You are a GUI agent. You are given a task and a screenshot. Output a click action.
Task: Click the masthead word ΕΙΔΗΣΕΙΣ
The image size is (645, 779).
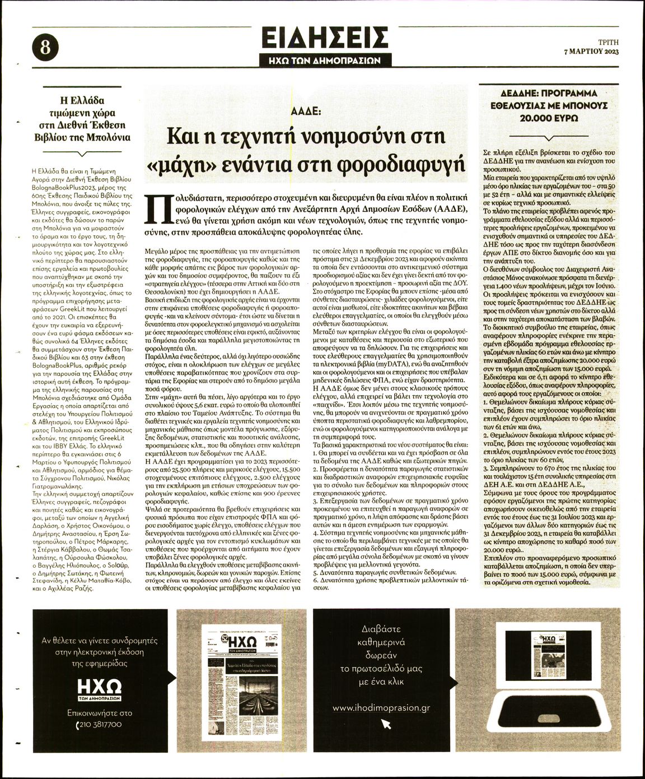[325, 38]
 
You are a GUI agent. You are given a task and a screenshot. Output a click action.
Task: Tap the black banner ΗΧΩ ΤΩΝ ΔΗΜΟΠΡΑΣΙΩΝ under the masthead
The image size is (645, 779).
[325, 61]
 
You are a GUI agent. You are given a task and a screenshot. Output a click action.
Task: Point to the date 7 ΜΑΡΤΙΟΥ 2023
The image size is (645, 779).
[591, 52]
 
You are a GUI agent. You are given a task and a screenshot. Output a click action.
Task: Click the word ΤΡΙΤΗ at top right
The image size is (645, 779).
[608, 42]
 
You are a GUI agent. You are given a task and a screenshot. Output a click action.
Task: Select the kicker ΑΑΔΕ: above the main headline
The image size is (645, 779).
[305, 111]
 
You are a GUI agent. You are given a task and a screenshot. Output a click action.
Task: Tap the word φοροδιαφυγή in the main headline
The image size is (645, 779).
[399, 164]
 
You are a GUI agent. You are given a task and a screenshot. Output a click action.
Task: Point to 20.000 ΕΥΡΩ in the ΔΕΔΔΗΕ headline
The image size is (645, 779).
[549, 118]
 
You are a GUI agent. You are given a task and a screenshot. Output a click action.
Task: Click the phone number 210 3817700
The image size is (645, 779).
[100, 725]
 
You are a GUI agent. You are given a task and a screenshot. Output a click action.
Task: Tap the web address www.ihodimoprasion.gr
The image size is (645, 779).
[381, 708]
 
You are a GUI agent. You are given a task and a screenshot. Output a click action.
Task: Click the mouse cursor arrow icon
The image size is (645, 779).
[386, 724]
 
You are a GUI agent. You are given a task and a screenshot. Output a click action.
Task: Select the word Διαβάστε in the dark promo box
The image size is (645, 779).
[381, 629]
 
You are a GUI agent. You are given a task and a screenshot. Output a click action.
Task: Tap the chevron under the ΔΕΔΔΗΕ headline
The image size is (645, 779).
[550, 137]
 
